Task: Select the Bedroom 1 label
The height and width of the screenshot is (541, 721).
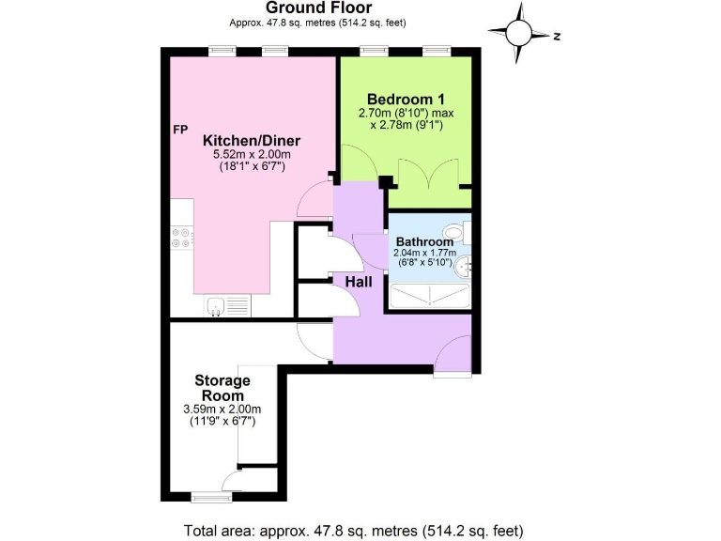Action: click(406, 100)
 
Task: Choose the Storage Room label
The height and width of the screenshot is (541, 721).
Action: click(222, 388)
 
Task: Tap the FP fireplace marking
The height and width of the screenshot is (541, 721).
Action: click(180, 129)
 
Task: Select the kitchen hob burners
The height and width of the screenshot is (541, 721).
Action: click(180, 239)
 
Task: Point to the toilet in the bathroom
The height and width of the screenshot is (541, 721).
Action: click(454, 231)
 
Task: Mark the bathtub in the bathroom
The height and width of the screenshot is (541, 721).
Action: click(430, 298)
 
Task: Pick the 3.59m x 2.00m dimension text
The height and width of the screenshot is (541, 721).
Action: click(222, 410)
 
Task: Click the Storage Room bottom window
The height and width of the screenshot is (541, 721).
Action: click(206, 496)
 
